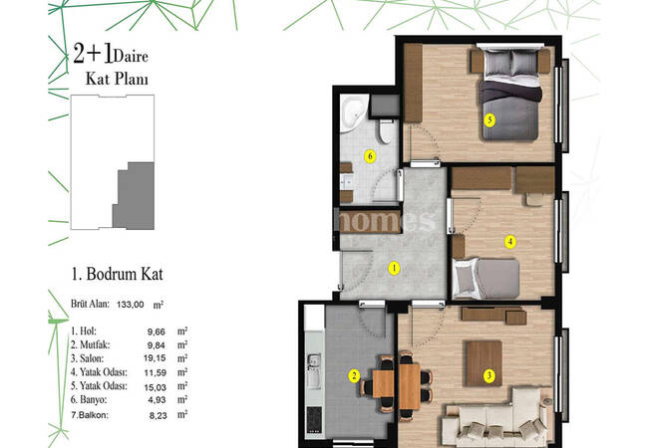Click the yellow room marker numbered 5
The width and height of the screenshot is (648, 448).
click(x=488, y=119)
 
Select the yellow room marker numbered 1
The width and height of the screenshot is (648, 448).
click(x=394, y=268)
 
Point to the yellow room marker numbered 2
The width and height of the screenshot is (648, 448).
click(x=353, y=375)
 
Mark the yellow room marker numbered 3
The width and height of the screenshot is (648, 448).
click(x=488, y=375)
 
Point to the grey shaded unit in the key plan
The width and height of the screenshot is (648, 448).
click(x=134, y=197)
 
